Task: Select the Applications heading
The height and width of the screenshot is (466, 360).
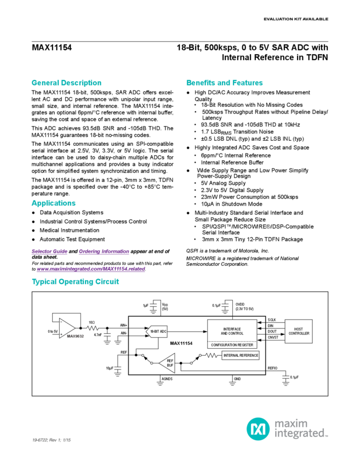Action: pyautogui.click(x=53, y=203)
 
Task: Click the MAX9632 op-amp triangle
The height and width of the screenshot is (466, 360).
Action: pyautogui.click(x=67, y=327)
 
